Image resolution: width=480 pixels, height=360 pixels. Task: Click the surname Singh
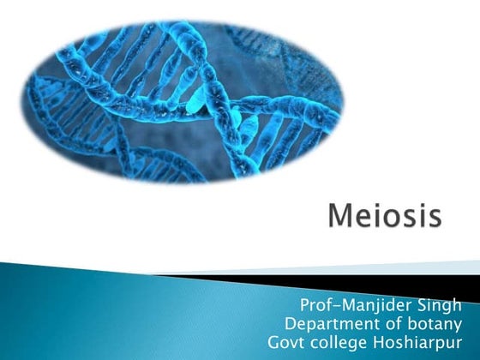[x=439, y=306]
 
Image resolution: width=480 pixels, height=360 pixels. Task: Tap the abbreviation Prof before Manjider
[x=315, y=306]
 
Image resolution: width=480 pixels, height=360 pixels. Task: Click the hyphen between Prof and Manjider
[x=336, y=307]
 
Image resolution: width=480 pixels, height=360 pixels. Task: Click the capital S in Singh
[x=421, y=306]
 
